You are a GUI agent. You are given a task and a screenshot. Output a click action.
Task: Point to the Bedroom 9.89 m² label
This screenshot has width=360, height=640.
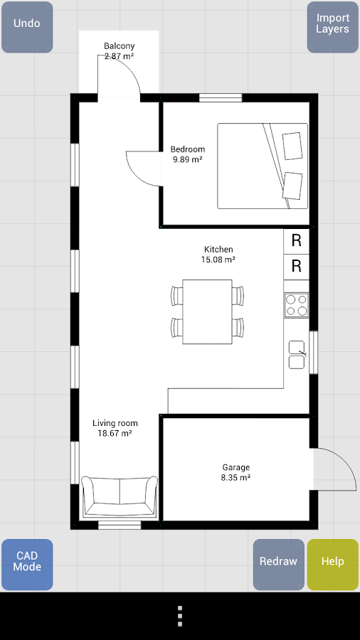188,154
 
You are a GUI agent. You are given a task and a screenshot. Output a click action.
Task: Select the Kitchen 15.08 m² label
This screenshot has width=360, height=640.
218,254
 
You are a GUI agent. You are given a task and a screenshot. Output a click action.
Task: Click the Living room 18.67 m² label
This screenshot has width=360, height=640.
115,428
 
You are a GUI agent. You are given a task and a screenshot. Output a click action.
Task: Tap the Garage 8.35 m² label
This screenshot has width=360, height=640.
236,472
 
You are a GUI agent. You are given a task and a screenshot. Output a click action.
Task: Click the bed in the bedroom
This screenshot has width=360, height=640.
263,166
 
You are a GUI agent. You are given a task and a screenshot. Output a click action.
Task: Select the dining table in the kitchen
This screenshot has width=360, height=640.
207,312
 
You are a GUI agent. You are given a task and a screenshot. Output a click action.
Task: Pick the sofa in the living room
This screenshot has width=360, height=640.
120,497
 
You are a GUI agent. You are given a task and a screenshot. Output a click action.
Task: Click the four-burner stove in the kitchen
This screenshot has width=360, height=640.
297,305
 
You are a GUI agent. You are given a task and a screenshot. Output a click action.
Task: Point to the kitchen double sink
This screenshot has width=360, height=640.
297,355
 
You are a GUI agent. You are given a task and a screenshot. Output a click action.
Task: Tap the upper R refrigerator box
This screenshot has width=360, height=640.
297,241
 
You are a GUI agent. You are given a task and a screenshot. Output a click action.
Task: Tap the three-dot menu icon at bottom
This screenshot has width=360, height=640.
180,616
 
